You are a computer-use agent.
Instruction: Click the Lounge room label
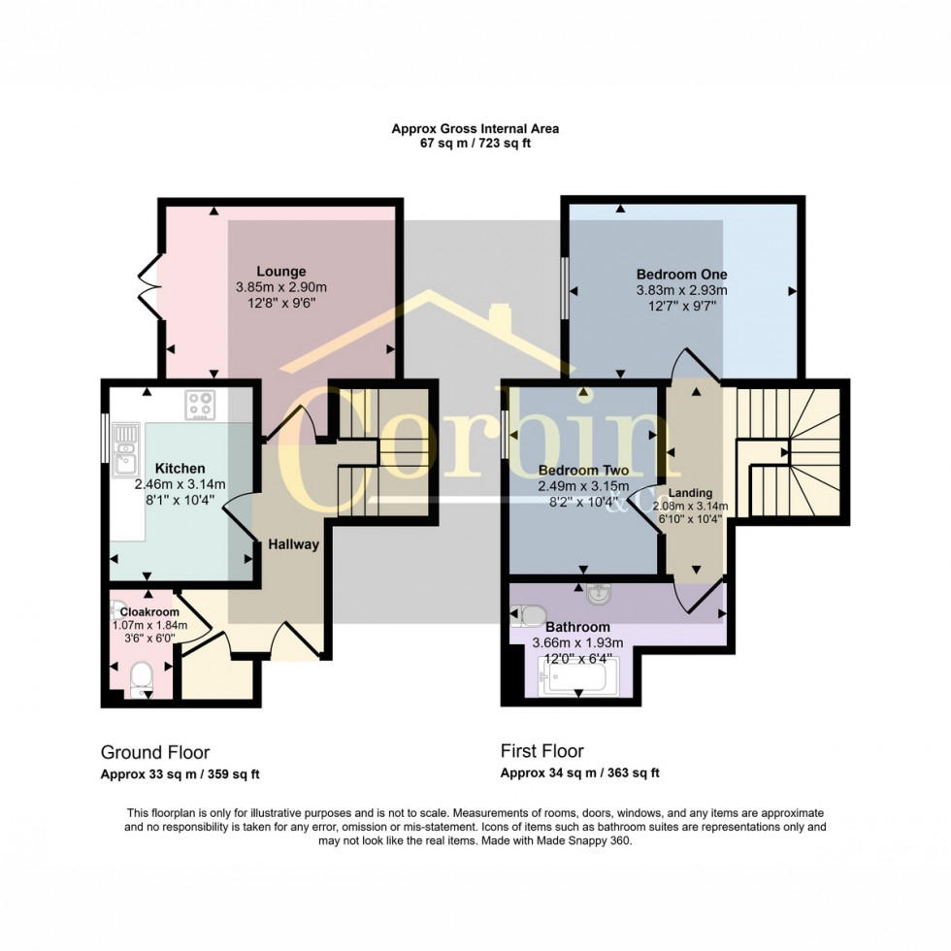(280, 271)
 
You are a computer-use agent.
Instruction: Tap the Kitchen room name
(180, 468)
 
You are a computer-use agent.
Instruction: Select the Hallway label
(293, 544)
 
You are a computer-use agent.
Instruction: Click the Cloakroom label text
(149, 612)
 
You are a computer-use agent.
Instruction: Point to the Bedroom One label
(681, 274)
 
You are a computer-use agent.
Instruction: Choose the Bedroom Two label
(583, 470)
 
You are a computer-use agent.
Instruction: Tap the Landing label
(690, 493)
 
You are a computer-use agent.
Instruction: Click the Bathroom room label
(577, 627)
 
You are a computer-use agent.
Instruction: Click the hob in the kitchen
(200, 405)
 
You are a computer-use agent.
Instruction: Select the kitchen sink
(126, 448)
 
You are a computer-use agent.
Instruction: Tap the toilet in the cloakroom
(142, 679)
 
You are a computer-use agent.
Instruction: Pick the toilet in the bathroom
(528, 616)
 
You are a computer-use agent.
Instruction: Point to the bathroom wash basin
(600, 594)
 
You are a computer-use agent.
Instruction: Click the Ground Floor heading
(155, 753)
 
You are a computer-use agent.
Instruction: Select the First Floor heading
(542, 751)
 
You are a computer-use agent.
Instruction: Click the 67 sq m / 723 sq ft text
(475, 144)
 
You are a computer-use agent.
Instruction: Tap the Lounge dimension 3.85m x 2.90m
(281, 287)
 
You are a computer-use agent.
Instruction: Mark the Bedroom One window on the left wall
(564, 287)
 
